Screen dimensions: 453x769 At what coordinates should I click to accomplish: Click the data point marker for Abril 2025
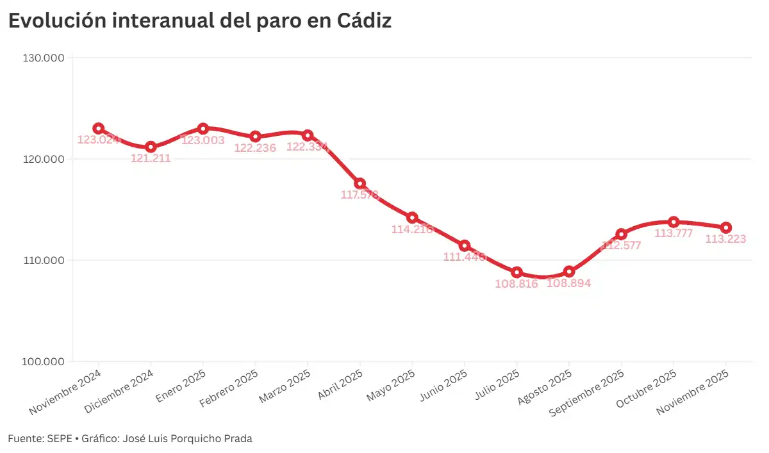(360, 184)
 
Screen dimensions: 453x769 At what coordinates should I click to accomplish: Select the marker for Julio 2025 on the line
(517, 272)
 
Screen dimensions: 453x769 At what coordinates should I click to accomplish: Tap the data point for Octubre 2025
(674, 222)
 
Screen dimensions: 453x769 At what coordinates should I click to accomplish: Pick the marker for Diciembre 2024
(151, 147)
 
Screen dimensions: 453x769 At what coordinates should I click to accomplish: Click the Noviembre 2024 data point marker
(98, 128)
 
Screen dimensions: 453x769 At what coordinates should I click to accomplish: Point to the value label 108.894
(568, 283)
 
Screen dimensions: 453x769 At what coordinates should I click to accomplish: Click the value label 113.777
(674, 233)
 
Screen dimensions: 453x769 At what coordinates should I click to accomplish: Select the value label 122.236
(255, 148)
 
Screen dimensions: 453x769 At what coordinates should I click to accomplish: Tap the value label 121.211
(151, 158)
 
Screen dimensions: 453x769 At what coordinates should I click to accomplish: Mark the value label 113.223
(725, 239)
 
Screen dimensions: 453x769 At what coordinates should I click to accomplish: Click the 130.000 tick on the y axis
(44, 58)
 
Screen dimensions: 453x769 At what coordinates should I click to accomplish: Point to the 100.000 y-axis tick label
(44, 361)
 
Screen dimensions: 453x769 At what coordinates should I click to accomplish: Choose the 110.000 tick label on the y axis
(44, 260)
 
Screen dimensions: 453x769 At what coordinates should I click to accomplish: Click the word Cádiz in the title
(364, 21)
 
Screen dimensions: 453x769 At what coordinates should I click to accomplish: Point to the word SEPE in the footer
(55, 439)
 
